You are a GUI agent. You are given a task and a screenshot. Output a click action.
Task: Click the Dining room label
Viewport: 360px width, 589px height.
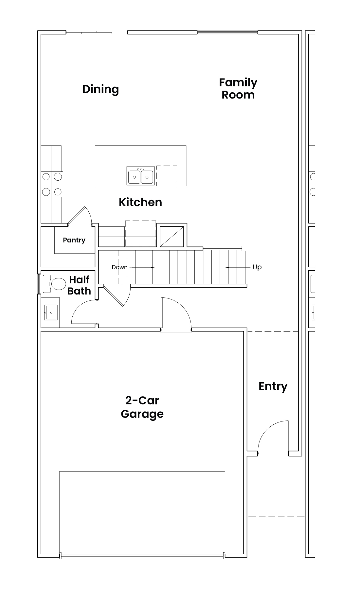click(100, 89)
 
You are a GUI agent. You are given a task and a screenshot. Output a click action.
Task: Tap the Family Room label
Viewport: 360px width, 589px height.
click(238, 88)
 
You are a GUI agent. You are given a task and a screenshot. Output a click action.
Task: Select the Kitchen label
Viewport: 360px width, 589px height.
click(140, 202)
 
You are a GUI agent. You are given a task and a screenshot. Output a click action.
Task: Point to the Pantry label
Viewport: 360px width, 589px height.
click(74, 240)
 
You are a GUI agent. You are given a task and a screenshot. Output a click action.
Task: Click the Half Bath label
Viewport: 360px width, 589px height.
click(79, 285)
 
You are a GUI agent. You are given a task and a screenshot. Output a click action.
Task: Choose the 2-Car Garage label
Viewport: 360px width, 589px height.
click(142, 407)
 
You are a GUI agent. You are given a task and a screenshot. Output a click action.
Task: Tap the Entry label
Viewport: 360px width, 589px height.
click(273, 386)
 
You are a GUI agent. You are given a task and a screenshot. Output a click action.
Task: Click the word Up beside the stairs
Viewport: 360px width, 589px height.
click(257, 267)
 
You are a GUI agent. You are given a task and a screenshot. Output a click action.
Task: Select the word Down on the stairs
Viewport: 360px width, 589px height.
click(119, 267)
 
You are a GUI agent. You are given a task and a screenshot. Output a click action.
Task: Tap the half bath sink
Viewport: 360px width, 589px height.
click(51, 312)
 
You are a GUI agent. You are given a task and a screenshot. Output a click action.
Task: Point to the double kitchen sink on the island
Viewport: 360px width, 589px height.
click(141, 176)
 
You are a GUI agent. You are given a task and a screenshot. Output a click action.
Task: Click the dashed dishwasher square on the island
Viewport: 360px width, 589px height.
click(167, 176)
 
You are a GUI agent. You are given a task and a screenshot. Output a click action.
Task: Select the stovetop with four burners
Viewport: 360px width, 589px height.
click(52, 184)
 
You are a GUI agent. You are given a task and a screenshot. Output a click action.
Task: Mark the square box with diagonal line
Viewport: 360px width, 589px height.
click(172, 236)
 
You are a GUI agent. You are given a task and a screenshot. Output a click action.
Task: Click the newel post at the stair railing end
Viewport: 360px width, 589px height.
click(244, 248)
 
